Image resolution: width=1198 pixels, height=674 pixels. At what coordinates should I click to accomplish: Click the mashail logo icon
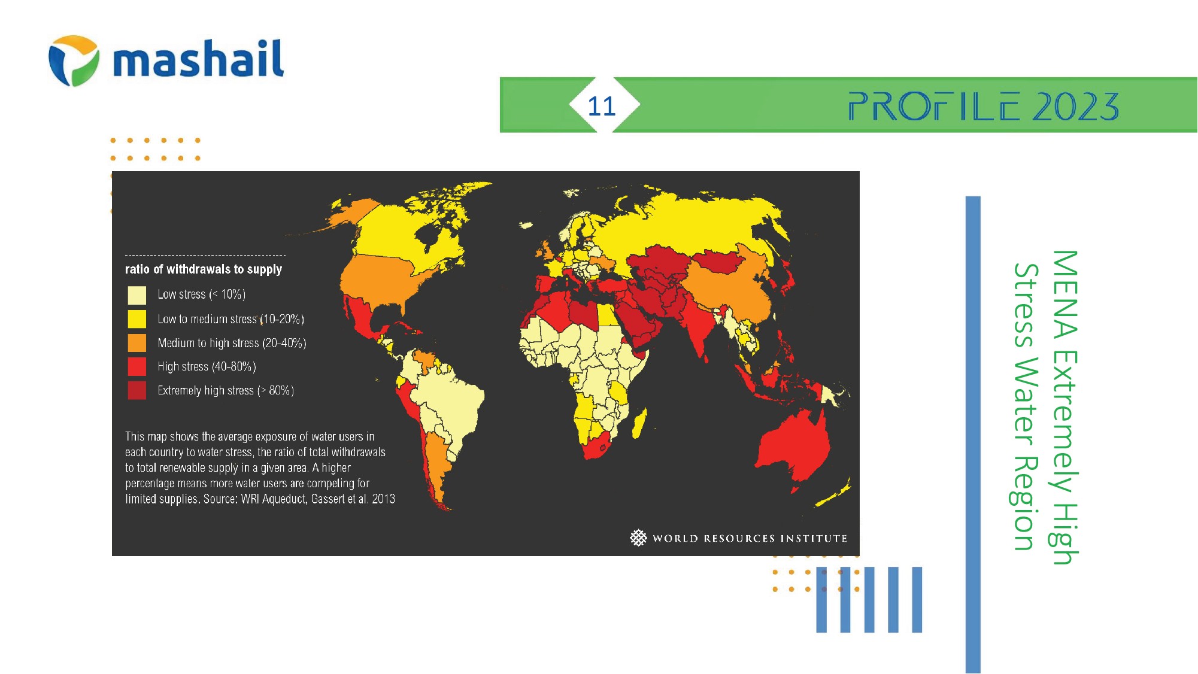click(x=74, y=60)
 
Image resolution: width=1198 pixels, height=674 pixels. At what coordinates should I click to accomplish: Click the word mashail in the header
click(x=198, y=59)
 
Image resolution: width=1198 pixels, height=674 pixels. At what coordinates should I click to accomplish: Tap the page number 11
click(x=602, y=107)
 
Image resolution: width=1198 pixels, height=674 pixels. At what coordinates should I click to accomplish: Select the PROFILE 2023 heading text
click(x=984, y=107)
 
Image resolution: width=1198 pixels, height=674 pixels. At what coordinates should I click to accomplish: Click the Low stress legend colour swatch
click(x=137, y=295)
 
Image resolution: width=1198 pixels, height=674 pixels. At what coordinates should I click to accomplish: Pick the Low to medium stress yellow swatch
click(x=137, y=319)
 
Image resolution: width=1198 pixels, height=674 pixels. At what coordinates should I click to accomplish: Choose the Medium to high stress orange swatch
click(x=137, y=343)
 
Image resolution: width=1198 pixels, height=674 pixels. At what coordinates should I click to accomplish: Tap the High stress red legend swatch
click(x=137, y=366)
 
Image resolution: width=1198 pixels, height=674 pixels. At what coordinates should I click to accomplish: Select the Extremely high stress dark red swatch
click(x=137, y=390)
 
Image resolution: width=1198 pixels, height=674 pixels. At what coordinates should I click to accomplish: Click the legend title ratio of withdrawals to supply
click(x=204, y=269)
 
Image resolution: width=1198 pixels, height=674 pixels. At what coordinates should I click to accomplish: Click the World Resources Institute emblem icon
click(x=638, y=538)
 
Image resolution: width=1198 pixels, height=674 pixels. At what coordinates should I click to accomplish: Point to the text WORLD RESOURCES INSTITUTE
click(x=750, y=538)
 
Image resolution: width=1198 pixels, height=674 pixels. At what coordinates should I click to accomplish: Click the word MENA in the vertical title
click(x=1065, y=294)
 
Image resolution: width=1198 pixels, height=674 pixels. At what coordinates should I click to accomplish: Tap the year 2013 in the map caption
click(x=383, y=499)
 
